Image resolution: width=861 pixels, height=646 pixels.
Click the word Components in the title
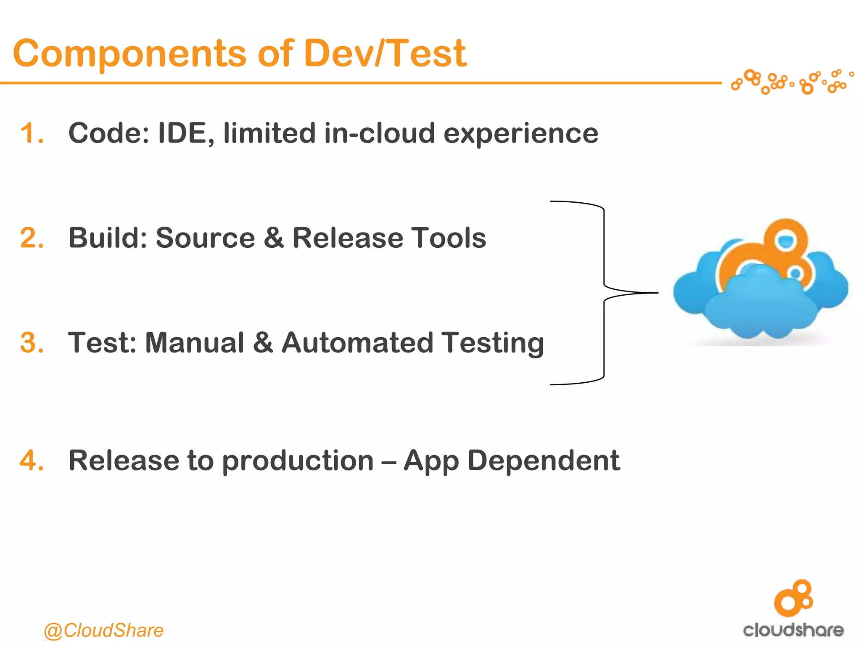click(x=129, y=54)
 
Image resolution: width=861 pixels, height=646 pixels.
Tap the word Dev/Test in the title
click(x=385, y=54)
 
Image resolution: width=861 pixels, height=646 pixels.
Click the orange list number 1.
click(x=31, y=133)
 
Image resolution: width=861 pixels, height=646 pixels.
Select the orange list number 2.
click(x=32, y=238)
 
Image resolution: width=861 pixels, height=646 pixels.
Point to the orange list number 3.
click(x=32, y=343)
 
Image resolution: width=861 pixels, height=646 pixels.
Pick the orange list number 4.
click(x=32, y=461)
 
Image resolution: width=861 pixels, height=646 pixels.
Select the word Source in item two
click(x=205, y=238)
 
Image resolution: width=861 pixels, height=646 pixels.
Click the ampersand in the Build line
click(x=274, y=238)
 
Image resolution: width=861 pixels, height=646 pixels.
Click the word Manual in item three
click(x=194, y=343)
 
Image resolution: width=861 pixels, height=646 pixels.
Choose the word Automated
click(x=357, y=343)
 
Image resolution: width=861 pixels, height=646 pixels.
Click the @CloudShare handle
click(x=103, y=630)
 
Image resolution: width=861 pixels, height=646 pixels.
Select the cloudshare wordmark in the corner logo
click(x=793, y=630)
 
